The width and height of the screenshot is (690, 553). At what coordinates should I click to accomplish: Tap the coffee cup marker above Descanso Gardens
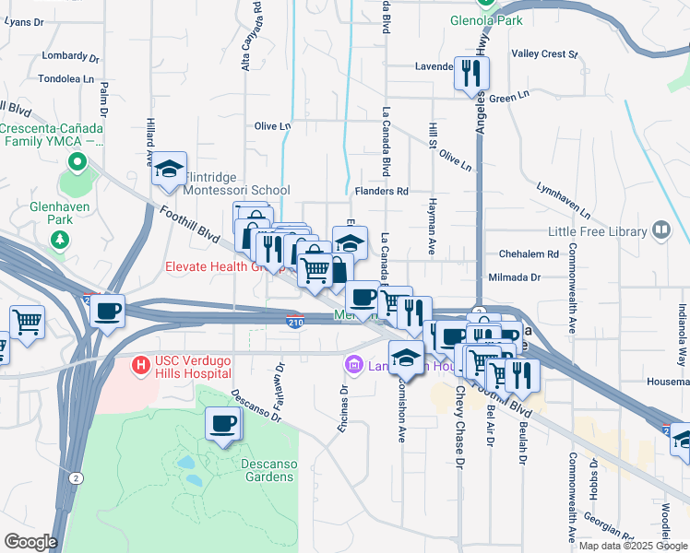pyautogui.click(x=222, y=424)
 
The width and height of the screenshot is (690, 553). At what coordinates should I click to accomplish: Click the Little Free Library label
pyautogui.click(x=599, y=229)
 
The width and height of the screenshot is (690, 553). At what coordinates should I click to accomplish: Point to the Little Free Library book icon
pyautogui.click(x=660, y=229)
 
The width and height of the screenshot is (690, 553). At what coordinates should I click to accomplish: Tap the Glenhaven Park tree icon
pyautogui.click(x=60, y=241)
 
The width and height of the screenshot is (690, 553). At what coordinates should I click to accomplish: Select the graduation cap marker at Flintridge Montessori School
pyautogui.click(x=170, y=169)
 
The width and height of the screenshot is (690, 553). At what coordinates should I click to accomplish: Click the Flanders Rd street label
pyautogui.click(x=381, y=192)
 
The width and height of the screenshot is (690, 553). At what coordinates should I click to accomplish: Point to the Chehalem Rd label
pyautogui.click(x=529, y=253)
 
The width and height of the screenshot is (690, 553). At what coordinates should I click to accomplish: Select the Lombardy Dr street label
pyautogui.click(x=64, y=55)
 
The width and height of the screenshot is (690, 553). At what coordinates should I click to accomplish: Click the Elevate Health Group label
pyautogui.click(x=220, y=267)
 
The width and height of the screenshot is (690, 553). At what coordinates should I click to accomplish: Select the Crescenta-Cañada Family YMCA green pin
pyautogui.click(x=77, y=165)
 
